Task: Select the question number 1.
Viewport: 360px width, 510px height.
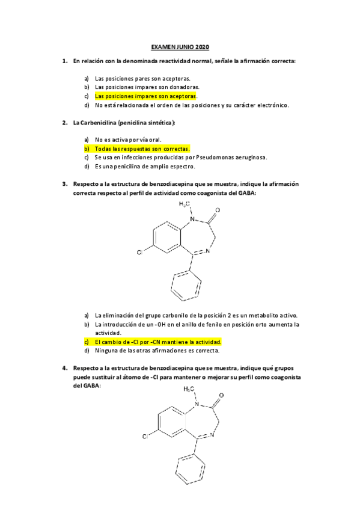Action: pos(64,61)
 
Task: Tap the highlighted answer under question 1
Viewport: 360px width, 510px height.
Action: pos(145,96)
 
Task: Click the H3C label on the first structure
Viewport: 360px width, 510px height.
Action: pos(185,204)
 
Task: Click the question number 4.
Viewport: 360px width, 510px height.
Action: pos(64,367)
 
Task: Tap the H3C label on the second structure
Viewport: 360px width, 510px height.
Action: pos(189,389)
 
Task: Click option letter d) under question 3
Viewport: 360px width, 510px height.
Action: pos(87,350)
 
